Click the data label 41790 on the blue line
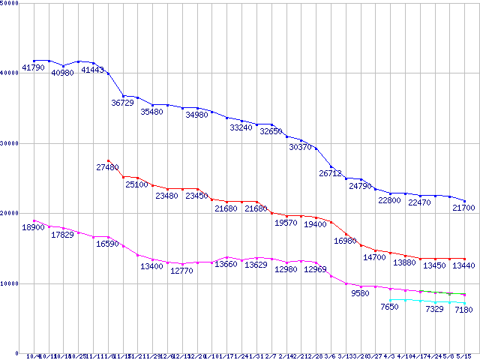pyautogui.click(x=33, y=68)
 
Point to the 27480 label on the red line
pyautogui.click(x=108, y=167)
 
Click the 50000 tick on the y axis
pyautogui.click(x=10, y=3)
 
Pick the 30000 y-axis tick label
pyautogui.click(x=10, y=143)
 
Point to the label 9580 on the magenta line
pyautogui.click(x=360, y=293)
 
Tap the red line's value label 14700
pyautogui.click(x=374, y=257)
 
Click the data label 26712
pyautogui.click(x=330, y=173)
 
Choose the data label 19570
pyautogui.click(x=286, y=223)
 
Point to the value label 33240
pyautogui.click(x=241, y=127)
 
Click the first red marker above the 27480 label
pyautogui.click(x=109, y=160)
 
